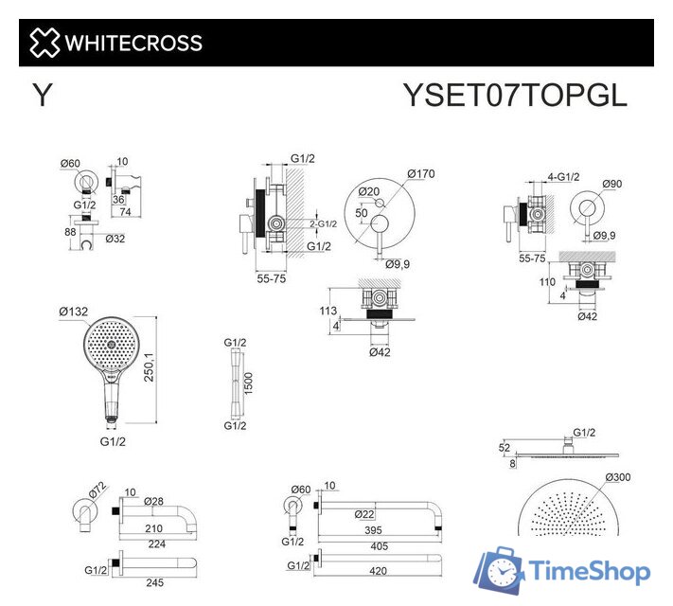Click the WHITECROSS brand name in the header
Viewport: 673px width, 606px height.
tap(133, 43)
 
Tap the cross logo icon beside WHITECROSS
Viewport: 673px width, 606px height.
tap(44, 43)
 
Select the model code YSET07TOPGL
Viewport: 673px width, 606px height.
tap(515, 96)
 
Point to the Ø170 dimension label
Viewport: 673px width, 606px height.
tap(421, 173)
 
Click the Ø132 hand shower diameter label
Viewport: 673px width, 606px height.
tap(73, 312)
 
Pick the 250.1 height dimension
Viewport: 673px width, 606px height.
tap(168, 370)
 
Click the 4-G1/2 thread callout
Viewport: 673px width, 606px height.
tap(562, 177)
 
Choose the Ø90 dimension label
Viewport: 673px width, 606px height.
tap(610, 183)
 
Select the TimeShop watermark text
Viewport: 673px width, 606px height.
tap(590, 571)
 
